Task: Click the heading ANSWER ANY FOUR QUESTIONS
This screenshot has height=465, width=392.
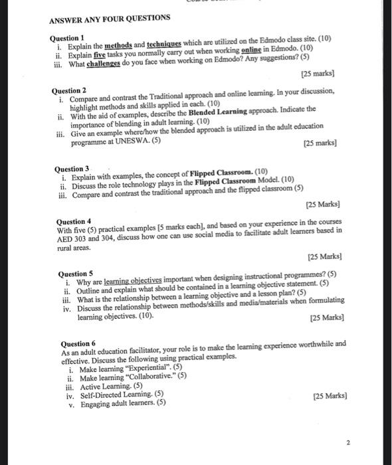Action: point(109,17)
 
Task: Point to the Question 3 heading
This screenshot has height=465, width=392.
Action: point(74,169)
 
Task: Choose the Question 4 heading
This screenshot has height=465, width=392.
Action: point(74,221)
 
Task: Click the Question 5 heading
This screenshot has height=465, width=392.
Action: point(76,274)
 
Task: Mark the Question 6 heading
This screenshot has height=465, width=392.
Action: point(78,343)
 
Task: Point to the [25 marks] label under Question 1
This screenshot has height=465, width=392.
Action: point(317,74)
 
